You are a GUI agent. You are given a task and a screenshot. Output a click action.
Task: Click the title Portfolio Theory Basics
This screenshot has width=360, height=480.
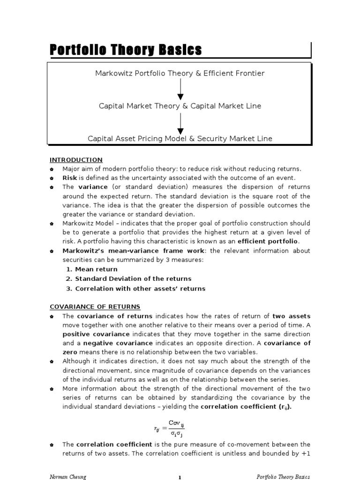coord(126,50)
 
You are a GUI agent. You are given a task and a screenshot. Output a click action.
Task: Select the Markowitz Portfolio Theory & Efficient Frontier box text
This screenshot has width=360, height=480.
coord(180,73)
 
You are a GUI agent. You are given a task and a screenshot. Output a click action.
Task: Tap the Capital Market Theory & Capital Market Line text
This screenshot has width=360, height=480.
coord(180,106)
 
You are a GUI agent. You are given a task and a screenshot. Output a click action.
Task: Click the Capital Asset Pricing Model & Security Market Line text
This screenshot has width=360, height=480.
coord(180,138)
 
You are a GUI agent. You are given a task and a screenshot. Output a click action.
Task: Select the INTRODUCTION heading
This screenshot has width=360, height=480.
coord(76,160)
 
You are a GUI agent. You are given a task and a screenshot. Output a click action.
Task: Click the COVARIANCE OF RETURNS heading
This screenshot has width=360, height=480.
coord(95,307)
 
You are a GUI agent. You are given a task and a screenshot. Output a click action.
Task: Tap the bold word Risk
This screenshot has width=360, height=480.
coord(70,178)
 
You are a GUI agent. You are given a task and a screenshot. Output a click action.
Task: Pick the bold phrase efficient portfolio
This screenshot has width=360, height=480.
coord(268,241)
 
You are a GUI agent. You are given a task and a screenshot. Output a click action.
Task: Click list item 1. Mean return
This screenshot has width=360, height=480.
coord(92,269)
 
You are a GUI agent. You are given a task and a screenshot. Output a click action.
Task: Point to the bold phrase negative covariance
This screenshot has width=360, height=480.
coord(113,343)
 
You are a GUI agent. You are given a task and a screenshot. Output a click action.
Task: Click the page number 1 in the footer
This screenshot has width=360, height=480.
coord(180,477)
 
